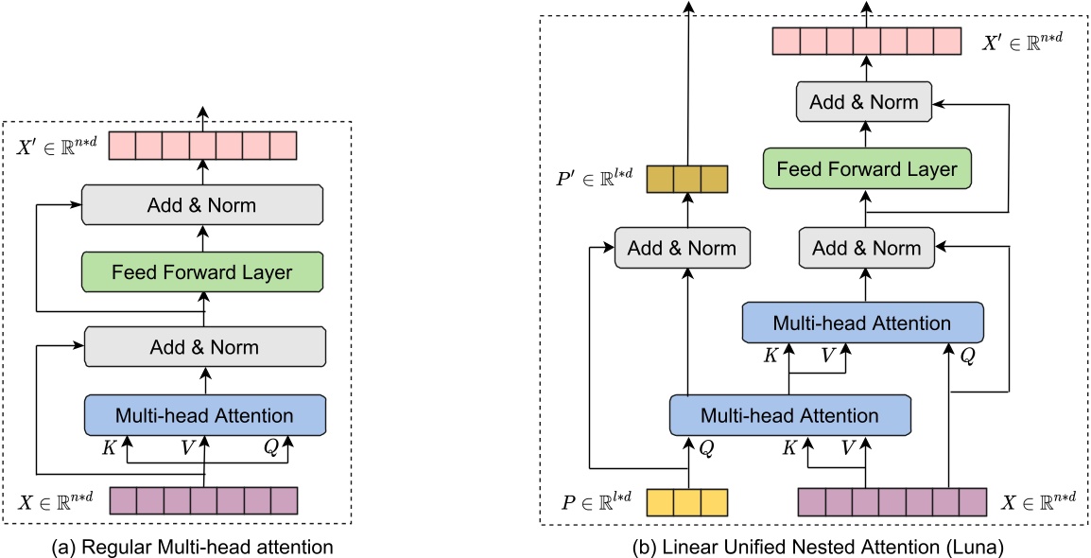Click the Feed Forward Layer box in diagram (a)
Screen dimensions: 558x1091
tap(203, 271)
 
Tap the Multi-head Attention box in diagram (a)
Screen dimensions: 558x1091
tap(204, 414)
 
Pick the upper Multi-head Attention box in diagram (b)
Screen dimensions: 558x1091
tap(862, 323)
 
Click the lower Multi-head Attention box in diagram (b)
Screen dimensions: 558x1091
tap(788, 415)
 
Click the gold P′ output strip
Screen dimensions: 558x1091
tap(687, 179)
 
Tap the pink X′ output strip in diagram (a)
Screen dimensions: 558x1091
tap(203, 146)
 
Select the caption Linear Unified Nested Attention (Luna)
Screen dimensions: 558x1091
tap(809, 546)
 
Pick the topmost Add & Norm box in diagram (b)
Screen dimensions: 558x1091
tap(863, 101)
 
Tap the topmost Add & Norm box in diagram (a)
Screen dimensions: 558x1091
tap(203, 203)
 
